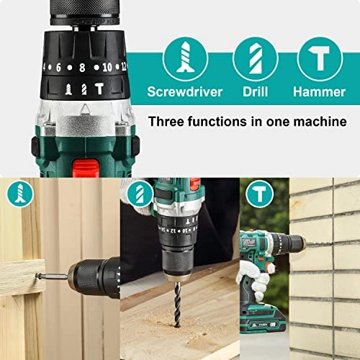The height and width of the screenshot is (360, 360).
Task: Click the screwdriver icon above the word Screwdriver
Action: [185, 58]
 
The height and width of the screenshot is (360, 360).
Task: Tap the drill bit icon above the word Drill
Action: [255, 58]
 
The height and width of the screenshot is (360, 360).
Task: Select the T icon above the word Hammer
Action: [318, 58]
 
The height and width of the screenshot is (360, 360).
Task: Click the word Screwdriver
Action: [185, 92]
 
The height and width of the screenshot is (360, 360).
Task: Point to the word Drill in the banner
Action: [255, 92]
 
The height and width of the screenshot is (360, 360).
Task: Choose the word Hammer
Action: [318, 92]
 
